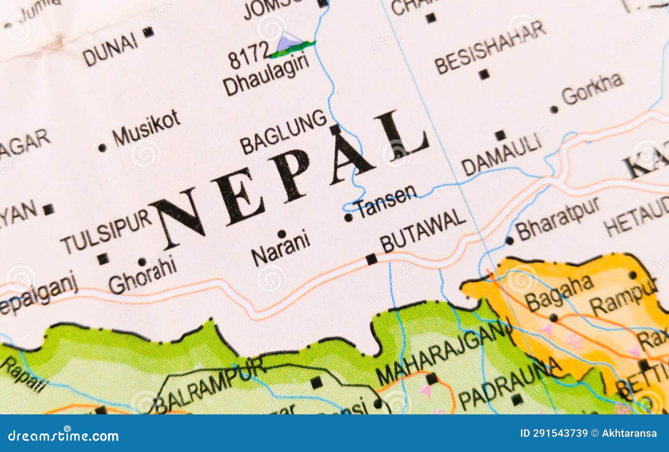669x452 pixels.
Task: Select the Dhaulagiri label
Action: tap(266, 77)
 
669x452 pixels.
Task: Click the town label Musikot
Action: tap(147, 128)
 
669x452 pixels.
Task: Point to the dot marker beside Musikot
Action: tap(102, 148)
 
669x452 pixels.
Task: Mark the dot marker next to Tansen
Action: tap(348, 217)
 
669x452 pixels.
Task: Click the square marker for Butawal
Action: tap(371, 259)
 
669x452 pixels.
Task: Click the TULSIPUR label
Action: tap(107, 232)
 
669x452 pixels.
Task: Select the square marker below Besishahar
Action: tap(484, 75)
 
